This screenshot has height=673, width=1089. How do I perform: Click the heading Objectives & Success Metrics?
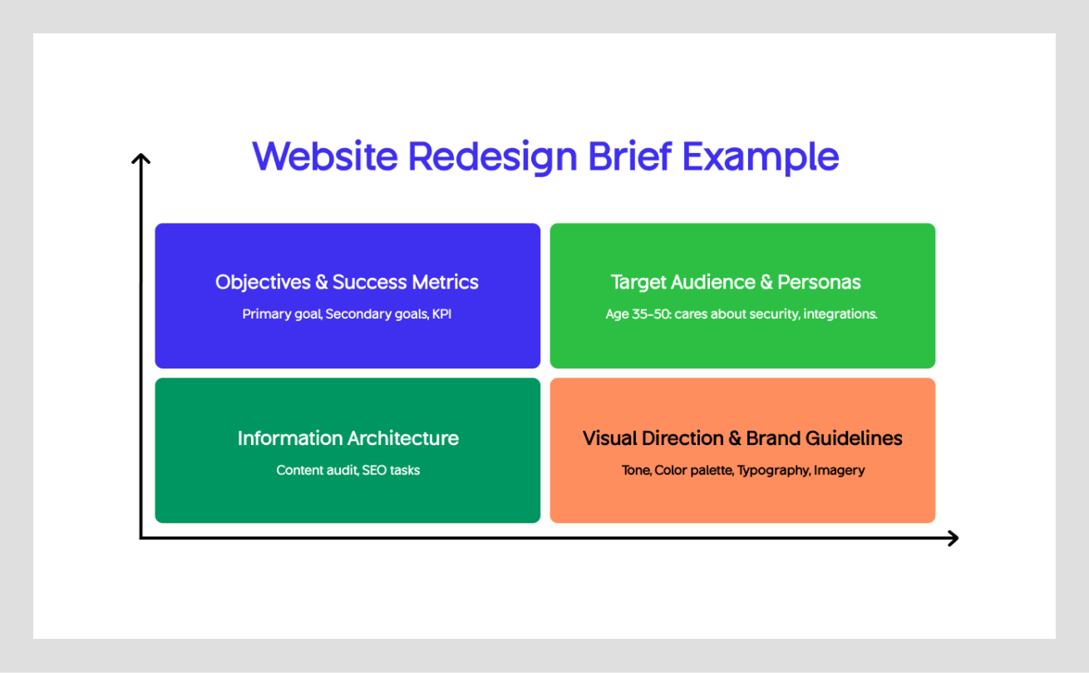(347, 282)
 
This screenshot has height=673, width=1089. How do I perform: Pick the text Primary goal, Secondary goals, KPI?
(347, 314)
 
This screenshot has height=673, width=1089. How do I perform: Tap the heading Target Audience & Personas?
(736, 282)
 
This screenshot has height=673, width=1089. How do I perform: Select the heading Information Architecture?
(347, 438)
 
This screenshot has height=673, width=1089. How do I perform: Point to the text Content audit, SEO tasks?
(347, 470)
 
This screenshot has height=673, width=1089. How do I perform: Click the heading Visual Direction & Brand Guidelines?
(742, 438)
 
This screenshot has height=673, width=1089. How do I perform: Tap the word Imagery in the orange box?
(839, 471)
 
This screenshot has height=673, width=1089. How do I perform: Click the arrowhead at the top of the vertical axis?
(141, 157)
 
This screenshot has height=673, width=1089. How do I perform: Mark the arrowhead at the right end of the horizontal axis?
(953, 538)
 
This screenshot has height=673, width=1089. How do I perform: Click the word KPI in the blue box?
(441, 314)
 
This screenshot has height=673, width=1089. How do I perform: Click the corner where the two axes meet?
(141, 538)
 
